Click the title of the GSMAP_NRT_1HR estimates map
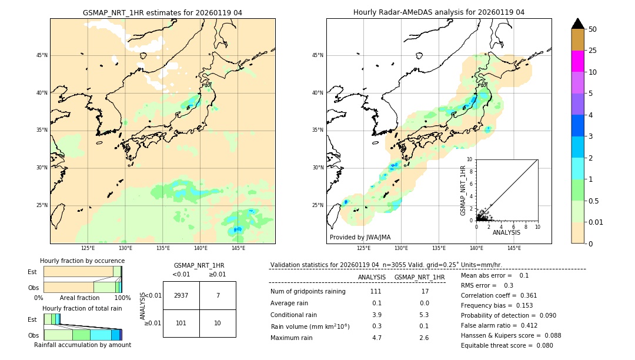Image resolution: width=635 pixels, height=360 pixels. [162, 12]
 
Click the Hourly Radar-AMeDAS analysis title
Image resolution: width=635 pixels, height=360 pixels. [439, 12]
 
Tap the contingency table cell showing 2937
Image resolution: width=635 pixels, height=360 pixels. [181, 295]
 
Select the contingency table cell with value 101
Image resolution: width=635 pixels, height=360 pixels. [181, 324]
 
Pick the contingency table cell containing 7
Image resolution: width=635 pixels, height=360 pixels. [218, 295]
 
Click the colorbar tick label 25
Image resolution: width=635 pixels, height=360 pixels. [593, 51]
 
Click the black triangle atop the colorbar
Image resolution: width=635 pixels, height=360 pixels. [578, 24]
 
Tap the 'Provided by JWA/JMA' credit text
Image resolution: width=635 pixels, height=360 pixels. [360, 237]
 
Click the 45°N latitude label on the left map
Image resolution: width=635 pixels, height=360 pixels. [42, 55]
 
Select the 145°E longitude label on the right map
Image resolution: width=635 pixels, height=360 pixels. [514, 248]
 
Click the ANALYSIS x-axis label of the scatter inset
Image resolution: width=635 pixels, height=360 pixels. [506, 232]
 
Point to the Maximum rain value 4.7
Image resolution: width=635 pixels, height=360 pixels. [376, 338]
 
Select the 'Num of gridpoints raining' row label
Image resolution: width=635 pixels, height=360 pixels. [308, 291]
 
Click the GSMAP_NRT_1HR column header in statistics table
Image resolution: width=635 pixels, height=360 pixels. [419, 277]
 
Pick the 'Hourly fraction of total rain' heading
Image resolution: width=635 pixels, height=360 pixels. [82, 308]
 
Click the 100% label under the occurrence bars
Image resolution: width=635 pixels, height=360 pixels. [122, 298]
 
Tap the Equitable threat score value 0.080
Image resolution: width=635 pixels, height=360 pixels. [542, 345]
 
